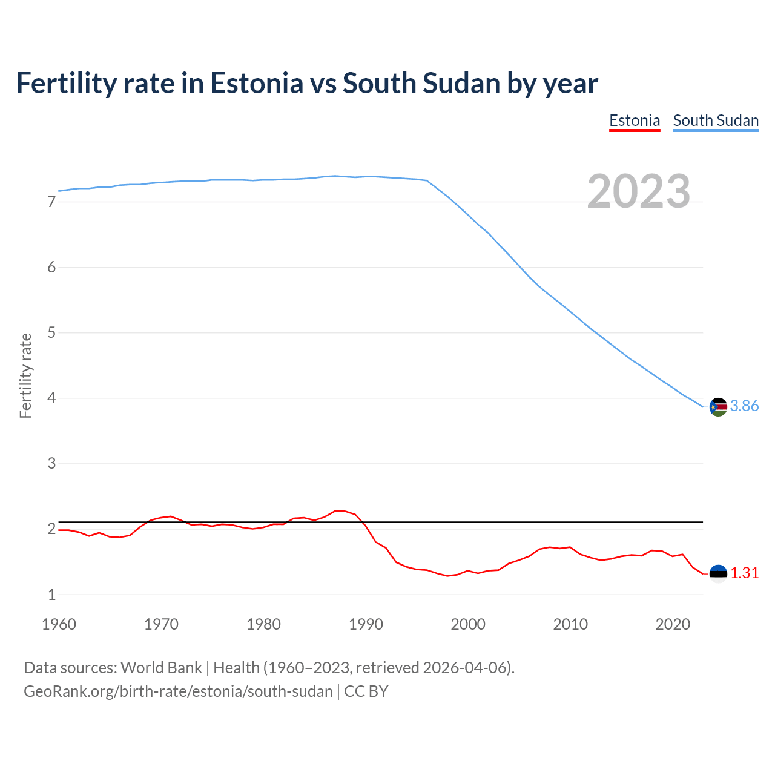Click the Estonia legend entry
[x=634, y=120]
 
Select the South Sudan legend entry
[x=716, y=120]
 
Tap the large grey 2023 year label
[x=638, y=191]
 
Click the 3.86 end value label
[x=744, y=406]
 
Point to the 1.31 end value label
[x=744, y=573]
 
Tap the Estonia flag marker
[x=718, y=573]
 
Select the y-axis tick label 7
[x=51, y=202]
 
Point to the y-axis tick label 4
[x=51, y=398]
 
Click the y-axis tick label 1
[x=51, y=595]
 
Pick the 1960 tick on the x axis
[x=59, y=624]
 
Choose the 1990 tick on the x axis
[x=366, y=624]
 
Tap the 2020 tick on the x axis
[x=673, y=624]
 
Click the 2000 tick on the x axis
[x=468, y=624]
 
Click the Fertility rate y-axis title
[x=25, y=375]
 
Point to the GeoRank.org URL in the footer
[x=178, y=691]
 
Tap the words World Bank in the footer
[x=161, y=668]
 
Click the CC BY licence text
[x=366, y=691]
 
